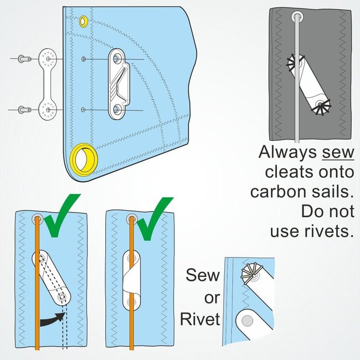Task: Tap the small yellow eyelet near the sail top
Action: tap(83, 22)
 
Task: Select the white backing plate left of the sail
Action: tap(48, 84)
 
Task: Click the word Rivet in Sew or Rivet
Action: tap(199, 320)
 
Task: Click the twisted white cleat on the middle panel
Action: tap(132, 278)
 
